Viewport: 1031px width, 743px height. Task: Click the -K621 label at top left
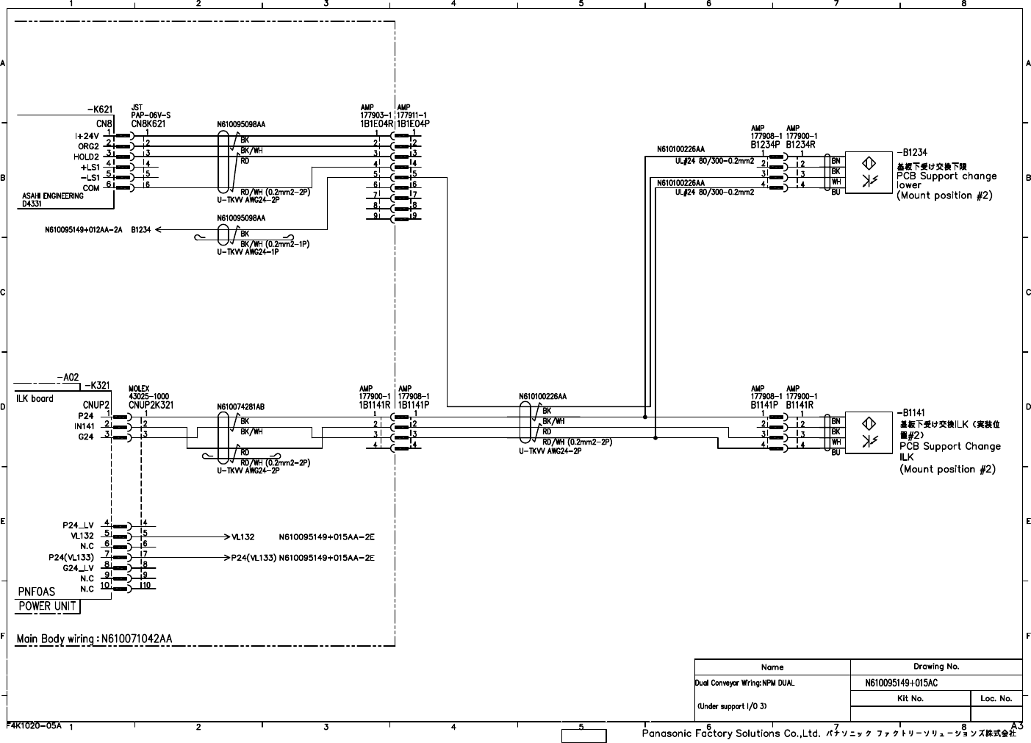point(100,110)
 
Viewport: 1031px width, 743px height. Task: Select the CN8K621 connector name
point(148,124)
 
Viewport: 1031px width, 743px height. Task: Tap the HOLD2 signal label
point(86,157)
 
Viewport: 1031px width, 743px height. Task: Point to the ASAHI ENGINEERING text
point(53,196)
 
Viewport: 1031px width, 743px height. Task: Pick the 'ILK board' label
point(32,398)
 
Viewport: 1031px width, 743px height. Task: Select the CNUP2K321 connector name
point(150,405)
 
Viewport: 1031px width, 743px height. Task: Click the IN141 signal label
point(84,426)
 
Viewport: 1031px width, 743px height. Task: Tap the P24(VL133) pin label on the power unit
point(69,558)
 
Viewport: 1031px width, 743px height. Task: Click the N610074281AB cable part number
point(241,406)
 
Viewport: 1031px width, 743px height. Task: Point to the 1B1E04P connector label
point(413,124)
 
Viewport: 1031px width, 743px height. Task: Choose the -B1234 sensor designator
point(911,152)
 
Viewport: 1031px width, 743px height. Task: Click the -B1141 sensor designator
point(910,413)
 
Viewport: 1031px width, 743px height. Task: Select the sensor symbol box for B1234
point(867,172)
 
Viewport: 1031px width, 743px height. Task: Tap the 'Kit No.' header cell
point(910,698)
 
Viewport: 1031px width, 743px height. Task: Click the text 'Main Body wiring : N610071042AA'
point(94,639)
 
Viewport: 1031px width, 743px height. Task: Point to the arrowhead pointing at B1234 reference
point(159,229)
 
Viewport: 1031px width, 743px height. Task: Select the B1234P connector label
point(764,145)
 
